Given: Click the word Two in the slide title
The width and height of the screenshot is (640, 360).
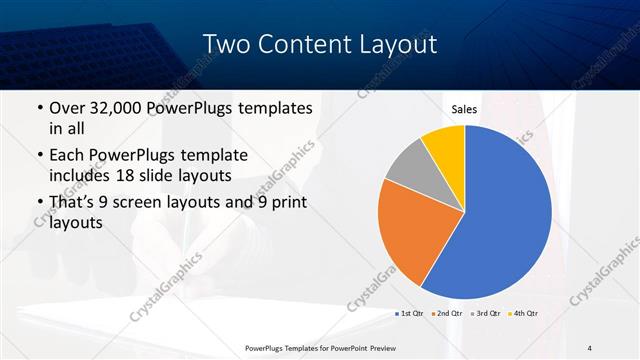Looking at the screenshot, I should [x=224, y=44].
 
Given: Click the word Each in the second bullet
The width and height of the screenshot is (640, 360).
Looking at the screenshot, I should [x=68, y=155].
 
